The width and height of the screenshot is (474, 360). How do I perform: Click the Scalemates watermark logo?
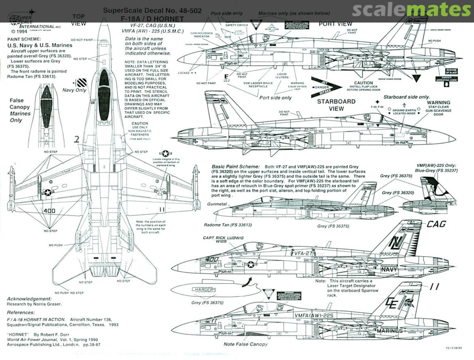click(411, 9)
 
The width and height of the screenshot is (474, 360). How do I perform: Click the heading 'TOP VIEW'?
click(79, 20)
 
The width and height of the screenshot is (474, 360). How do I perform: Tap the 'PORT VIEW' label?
click(335, 24)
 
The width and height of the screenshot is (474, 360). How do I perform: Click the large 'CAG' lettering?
click(436, 224)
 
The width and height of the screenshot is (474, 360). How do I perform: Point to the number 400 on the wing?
click(49, 211)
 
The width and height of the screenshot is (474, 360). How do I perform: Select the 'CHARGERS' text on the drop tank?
click(204, 290)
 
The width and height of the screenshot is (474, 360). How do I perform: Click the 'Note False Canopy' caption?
click(245, 344)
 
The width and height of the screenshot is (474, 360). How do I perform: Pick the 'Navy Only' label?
click(75, 90)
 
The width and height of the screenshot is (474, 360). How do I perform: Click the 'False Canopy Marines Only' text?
click(20, 110)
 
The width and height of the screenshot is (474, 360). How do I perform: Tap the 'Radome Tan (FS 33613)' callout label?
click(228, 225)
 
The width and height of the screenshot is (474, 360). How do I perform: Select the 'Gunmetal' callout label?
click(217, 205)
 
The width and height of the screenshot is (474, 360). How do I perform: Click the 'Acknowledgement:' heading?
click(30, 299)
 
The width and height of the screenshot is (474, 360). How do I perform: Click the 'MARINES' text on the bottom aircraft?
click(389, 331)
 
